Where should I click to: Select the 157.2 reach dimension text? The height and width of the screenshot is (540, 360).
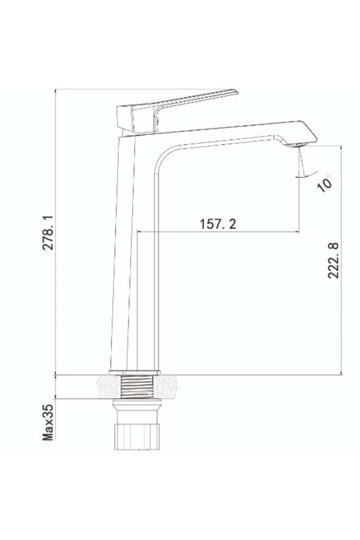218,224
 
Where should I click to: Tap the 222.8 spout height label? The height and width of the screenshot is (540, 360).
333,261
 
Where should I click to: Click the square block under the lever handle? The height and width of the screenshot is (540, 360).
125,118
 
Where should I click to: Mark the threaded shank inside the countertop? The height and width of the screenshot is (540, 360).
137,387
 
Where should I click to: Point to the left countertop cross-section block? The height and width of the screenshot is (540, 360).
109,387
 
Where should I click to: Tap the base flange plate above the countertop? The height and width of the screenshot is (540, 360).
134,372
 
